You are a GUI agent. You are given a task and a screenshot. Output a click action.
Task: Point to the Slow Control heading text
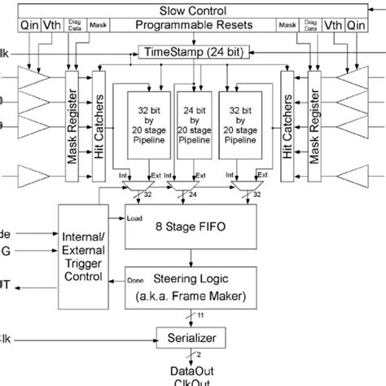coord(192,9)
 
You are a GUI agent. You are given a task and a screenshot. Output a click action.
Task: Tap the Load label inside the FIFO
coord(135,217)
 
